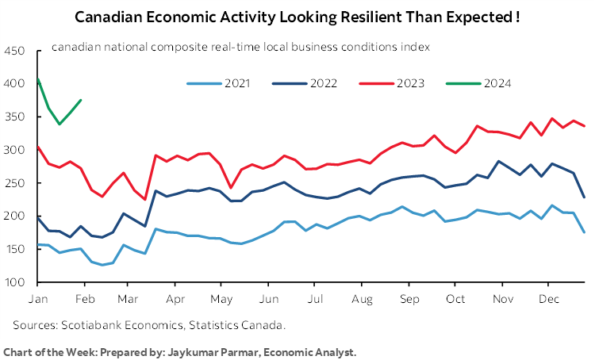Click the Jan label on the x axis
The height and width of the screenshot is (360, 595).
(38, 301)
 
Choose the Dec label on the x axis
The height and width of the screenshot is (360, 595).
(545, 301)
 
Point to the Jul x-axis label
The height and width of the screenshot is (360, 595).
(315, 301)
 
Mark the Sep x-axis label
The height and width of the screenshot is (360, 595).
(409, 301)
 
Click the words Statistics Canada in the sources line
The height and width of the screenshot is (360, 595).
(238, 325)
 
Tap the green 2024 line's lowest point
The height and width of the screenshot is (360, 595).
(59, 124)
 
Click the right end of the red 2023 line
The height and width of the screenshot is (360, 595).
(585, 125)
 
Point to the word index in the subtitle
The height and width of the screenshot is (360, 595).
(416, 47)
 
